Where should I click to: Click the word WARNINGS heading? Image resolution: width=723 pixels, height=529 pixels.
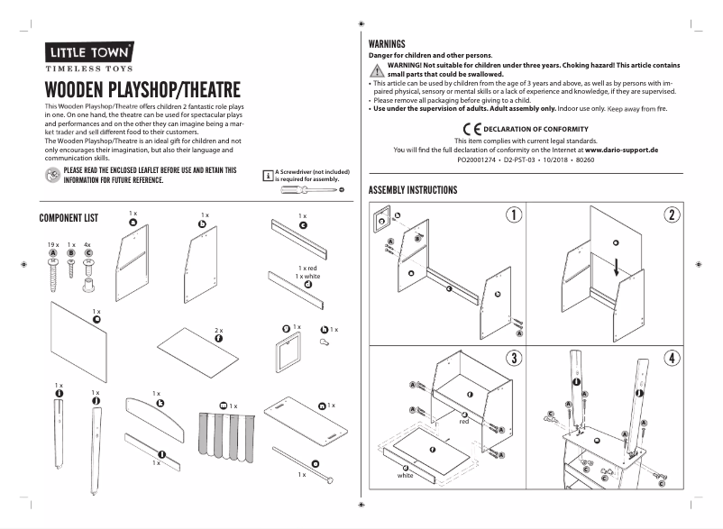tap(387, 43)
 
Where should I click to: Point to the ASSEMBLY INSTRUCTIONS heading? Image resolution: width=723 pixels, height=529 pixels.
tap(413, 190)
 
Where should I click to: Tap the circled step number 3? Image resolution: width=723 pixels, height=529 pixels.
tap(513, 358)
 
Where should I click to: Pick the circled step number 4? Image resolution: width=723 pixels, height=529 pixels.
tap(672, 358)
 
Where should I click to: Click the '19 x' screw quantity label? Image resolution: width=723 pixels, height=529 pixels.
tap(52, 244)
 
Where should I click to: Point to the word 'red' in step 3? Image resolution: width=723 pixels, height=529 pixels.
tap(464, 421)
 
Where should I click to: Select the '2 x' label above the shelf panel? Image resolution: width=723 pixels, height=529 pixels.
tap(218, 331)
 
